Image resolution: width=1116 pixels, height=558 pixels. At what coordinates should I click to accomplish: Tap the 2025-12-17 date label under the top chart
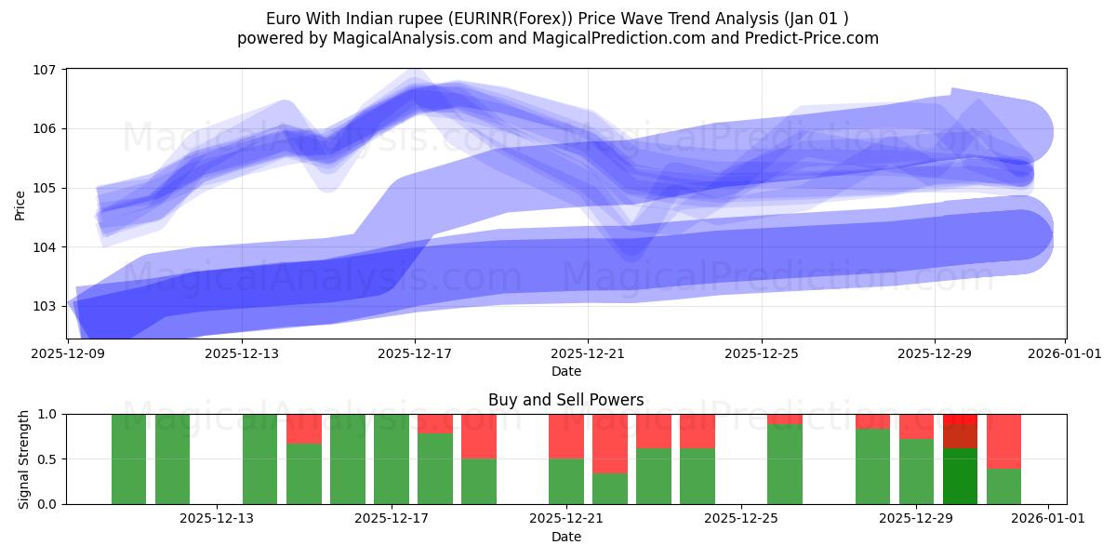[x=415, y=353]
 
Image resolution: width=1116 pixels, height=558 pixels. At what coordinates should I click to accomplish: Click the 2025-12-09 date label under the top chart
[x=70, y=353]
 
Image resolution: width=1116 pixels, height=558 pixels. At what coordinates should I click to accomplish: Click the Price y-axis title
[x=20, y=205]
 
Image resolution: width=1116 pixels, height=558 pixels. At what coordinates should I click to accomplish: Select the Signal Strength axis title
[x=24, y=458]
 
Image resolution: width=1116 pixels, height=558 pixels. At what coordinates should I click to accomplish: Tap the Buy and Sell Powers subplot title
[x=565, y=400]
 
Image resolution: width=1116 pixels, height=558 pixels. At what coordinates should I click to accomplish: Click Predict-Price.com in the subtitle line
[x=807, y=38]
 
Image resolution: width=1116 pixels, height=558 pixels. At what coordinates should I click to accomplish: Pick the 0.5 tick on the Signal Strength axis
[x=46, y=458]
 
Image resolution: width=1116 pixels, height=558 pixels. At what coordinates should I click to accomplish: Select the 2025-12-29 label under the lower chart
[x=916, y=518]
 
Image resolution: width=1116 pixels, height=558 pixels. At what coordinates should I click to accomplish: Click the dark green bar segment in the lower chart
[x=960, y=475]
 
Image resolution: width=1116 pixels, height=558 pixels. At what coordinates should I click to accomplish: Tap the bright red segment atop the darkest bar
[x=960, y=418]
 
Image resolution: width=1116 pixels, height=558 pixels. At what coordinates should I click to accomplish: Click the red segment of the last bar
[x=1003, y=441]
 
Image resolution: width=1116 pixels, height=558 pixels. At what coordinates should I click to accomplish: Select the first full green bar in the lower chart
[x=128, y=458]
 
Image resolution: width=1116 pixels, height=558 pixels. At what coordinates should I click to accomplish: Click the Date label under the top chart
[x=565, y=371]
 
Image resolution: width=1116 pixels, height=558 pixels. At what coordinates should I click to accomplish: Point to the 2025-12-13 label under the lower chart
[x=217, y=518]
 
